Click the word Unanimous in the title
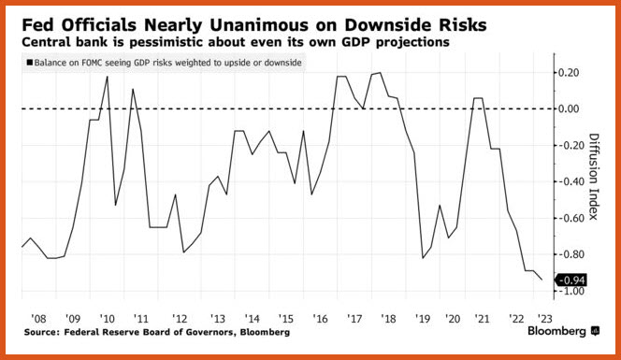coord(259,25)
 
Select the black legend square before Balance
coord(30,63)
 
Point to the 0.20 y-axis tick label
coord(569,73)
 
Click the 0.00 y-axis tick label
coord(569,108)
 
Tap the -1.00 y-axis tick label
coord(570,291)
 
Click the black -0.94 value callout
coord(571,281)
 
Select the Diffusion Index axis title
coord(594,177)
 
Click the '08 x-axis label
coord(38,319)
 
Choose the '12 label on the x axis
coord(180,319)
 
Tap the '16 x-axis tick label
coord(320,319)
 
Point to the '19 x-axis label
coord(423,319)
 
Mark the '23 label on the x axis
coord(544,319)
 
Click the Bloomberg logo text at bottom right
coord(556,331)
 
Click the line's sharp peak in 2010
coord(108,77)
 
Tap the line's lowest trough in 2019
coord(423,258)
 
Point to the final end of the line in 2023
coord(542,280)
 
